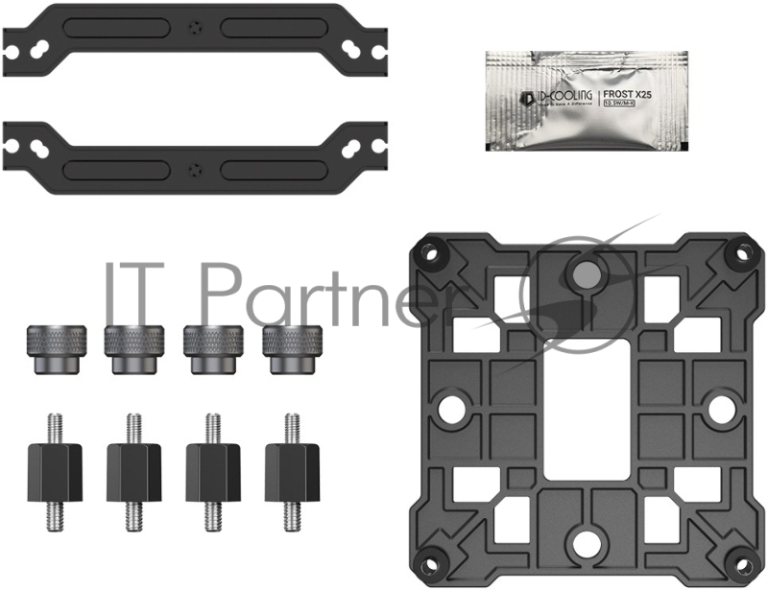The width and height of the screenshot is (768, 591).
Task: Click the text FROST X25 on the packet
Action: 628,96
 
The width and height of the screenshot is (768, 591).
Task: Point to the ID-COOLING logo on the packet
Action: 552,97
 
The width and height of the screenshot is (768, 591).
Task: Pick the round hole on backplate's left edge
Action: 447,407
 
